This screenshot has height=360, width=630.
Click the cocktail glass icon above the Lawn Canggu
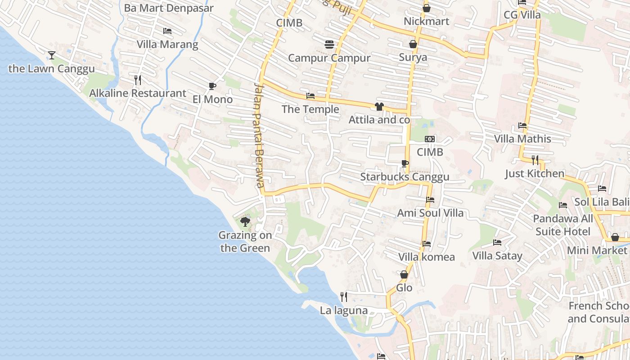(x=52, y=55)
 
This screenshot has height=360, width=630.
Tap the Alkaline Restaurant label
(x=137, y=93)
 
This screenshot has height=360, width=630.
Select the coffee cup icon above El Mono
(x=212, y=86)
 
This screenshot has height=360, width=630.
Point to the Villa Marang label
(x=167, y=45)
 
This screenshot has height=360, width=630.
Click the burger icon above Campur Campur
(x=329, y=45)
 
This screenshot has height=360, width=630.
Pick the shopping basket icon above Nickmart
(x=426, y=8)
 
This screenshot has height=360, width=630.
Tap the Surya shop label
(x=413, y=58)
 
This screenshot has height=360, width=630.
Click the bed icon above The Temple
(x=310, y=96)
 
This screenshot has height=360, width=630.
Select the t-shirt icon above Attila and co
(x=379, y=107)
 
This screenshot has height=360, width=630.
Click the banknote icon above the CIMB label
(x=430, y=139)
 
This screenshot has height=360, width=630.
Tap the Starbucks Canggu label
(x=405, y=177)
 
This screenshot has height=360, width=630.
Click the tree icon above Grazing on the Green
(x=245, y=221)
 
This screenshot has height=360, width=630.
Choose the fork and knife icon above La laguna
(x=344, y=297)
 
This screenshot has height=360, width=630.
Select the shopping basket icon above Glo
(x=404, y=274)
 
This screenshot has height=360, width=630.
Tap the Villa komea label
(x=427, y=257)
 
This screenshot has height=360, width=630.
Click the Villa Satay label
(x=497, y=256)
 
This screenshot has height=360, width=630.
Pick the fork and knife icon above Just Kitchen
(x=535, y=160)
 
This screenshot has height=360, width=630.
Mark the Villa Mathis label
(x=522, y=139)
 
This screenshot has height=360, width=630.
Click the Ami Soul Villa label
(x=430, y=213)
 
